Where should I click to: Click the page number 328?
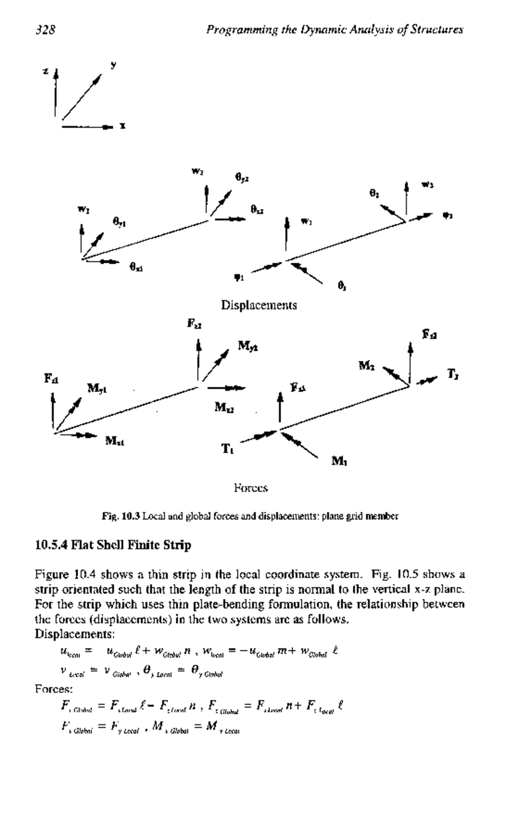pos(46,29)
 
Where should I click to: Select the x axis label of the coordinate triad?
pos(122,126)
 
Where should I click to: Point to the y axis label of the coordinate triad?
pos(113,65)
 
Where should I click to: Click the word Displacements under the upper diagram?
pos(259,305)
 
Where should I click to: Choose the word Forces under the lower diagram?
pos(251,488)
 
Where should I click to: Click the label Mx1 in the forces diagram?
pos(115,441)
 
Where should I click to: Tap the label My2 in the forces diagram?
pos(248,346)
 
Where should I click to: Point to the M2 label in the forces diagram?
pos(366,365)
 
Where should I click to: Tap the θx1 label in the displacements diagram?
pos(136,267)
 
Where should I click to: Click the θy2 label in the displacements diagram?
pos(242,178)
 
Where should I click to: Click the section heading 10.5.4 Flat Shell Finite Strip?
pos(113,545)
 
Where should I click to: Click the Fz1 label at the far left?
pos(51,378)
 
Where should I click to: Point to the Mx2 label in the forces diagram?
pos(224,407)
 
